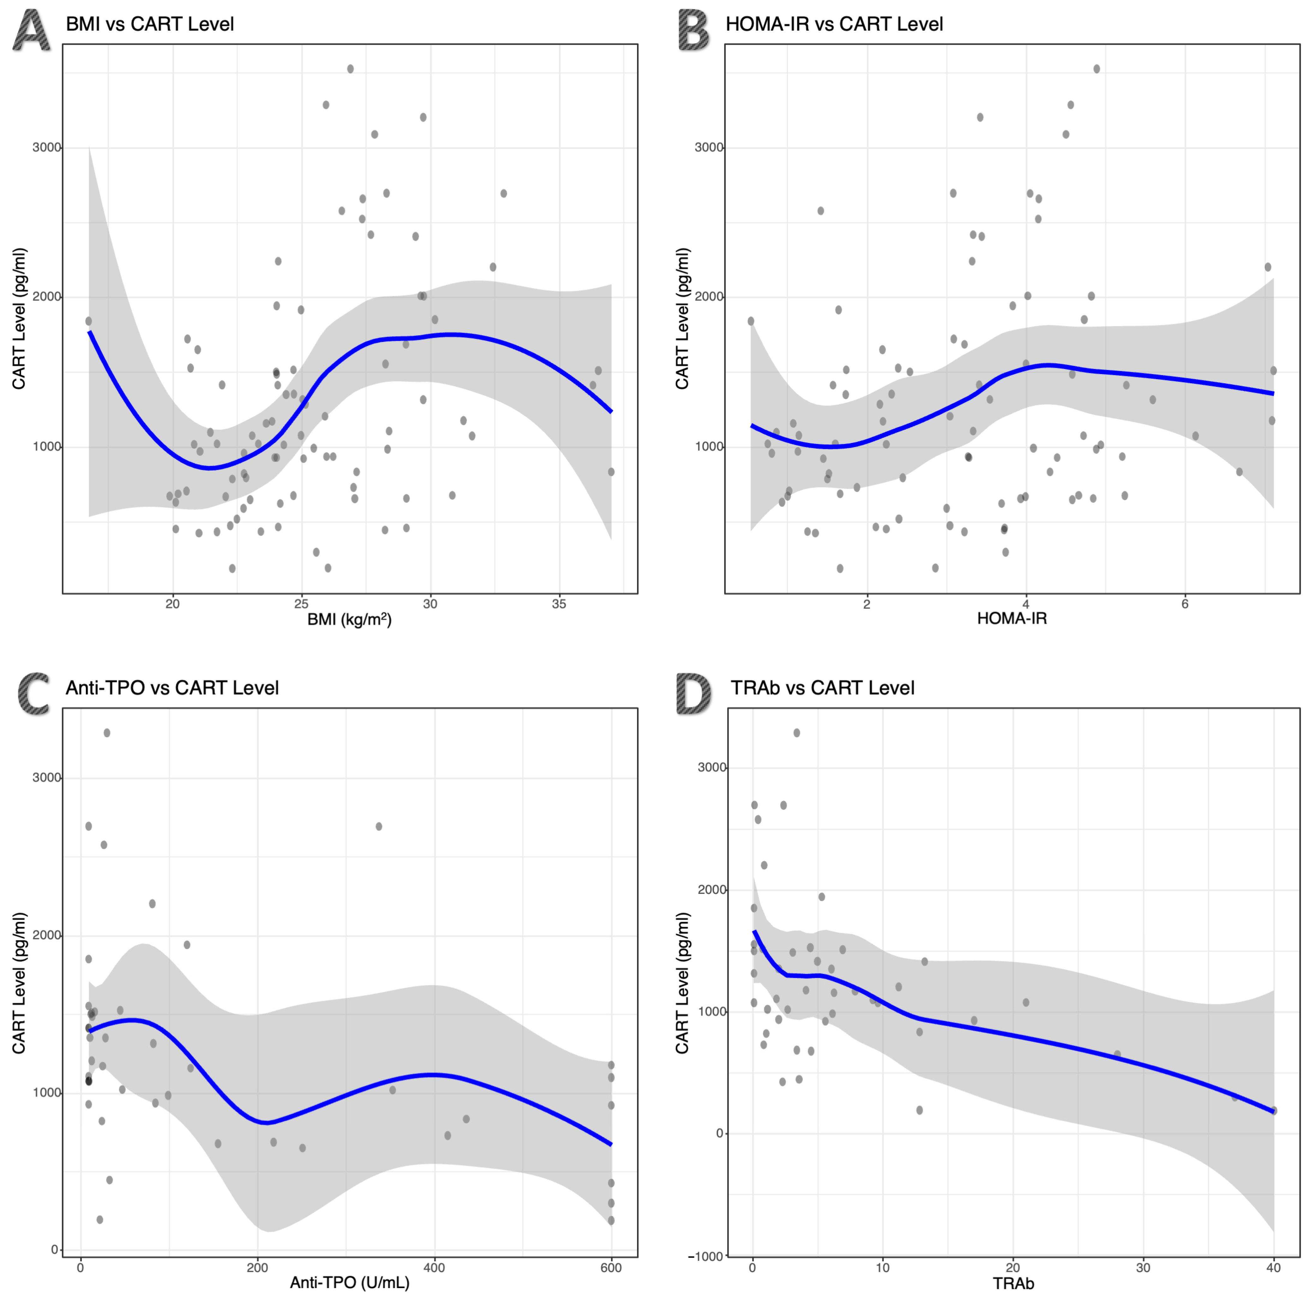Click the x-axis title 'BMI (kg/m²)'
(x=349, y=619)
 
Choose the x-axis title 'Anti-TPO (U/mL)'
(x=349, y=1282)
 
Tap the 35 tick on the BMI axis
(x=558, y=603)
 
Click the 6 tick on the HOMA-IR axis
(x=1185, y=603)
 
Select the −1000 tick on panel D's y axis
(x=705, y=1256)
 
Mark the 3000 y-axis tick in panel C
(x=47, y=777)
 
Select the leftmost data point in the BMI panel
(x=88, y=321)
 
